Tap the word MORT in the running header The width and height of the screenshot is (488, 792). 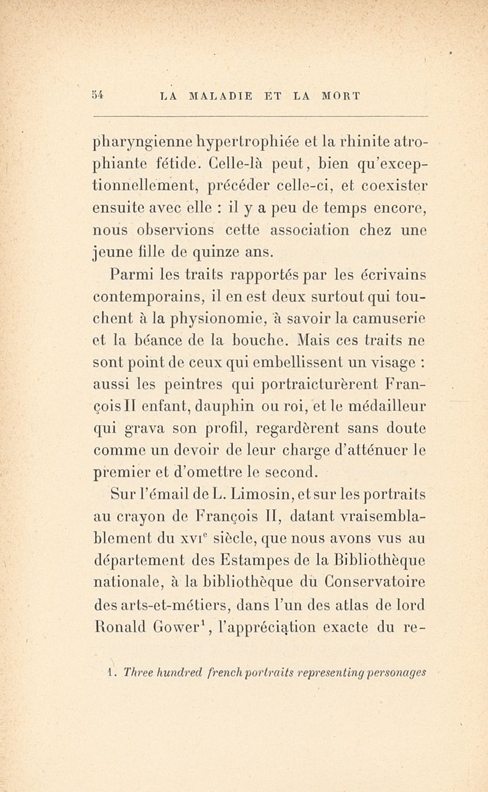[338, 96]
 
